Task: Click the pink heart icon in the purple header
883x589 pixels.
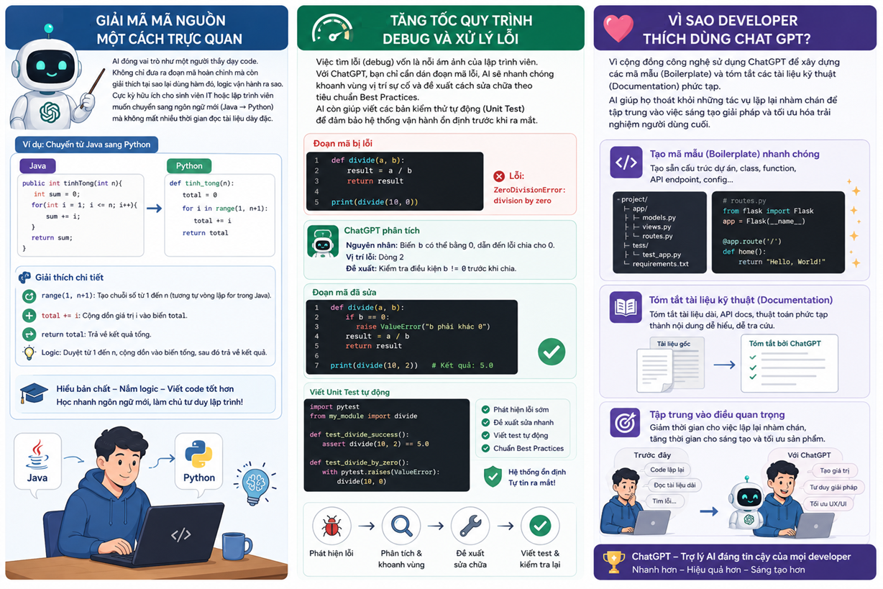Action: (618, 28)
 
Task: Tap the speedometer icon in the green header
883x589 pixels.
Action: (332, 28)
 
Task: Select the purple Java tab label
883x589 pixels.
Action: (37, 166)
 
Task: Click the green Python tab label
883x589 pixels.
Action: (189, 166)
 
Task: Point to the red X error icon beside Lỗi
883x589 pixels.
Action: (499, 176)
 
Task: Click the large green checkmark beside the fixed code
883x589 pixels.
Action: (552, 352)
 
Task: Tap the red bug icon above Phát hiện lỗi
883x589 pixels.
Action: (331, 526)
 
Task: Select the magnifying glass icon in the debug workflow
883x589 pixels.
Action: (401, 526)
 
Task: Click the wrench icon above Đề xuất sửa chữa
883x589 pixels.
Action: (470, 526)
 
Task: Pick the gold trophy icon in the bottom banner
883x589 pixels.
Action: (614, 562)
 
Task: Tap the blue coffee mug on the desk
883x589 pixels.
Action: (236, 546)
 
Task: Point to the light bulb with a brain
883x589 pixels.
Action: (255, 484)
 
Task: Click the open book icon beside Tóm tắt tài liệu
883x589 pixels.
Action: (626, 307)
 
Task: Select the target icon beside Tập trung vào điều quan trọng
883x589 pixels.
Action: (625, 423)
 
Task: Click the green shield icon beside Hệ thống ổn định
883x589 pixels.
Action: (493, 477)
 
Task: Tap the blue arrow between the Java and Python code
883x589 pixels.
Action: (154, 208)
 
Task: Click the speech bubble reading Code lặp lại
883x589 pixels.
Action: (667, 470)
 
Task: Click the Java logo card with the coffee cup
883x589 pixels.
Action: (37, 461)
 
